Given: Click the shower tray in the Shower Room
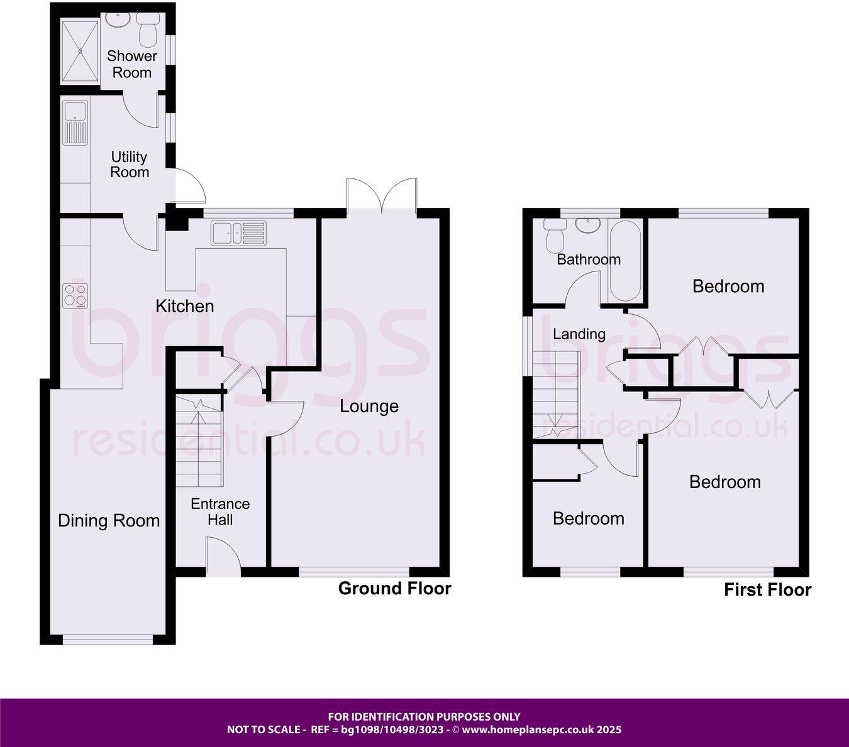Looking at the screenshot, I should [x=80, y=51].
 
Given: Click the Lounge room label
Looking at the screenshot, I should [x=369, y=406].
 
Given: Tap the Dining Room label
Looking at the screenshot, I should [x=109, y=521].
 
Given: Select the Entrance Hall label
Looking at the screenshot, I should [x=220, y=511].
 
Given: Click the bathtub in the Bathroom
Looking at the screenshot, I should [x=625, y=261].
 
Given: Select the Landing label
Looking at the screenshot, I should [x=579, y=334].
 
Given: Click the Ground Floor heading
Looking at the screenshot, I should [x=394, y=589].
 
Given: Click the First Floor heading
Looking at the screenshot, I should [x=767, y=590].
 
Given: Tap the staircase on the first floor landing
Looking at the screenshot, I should [x=555, y=393].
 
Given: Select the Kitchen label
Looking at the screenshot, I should [x=185, y=307].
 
